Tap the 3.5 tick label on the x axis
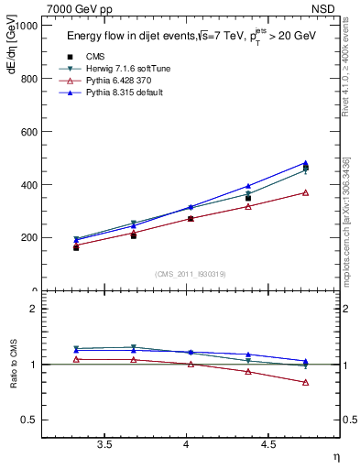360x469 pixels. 104,444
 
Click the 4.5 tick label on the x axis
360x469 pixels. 267,444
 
